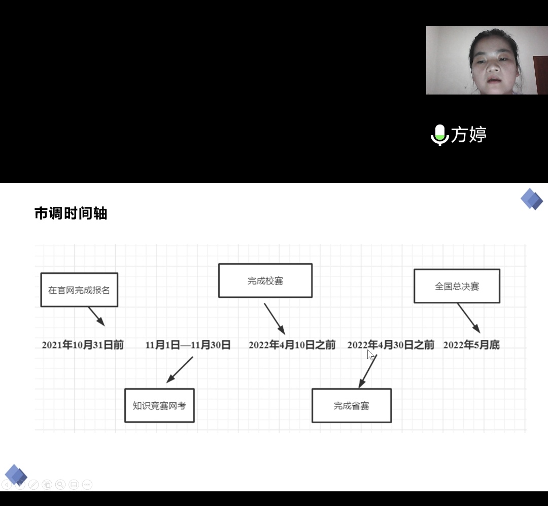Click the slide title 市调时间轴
(x=71, y=213)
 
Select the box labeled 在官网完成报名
(x=79, y=290)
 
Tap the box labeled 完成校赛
(x=265, y=280)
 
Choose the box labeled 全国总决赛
(x=457, y=286)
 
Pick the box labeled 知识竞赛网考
(x=159, y=405)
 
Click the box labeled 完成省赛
(x=351, y=405)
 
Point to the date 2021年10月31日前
(x=83, y=345)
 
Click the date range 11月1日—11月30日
(x=188, y=345)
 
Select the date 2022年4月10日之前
(x=292, y=345)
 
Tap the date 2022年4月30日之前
(x=391, y=345)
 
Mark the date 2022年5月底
(x=471, y=345)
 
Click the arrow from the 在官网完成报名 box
(x=96, y=316)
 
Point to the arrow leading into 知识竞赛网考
(x=180, y=369)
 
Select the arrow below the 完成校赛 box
(x=275, y=319)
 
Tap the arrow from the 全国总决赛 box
(x=468, y=318)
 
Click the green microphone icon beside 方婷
(x=439, y=135)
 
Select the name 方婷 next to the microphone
(x=469, y=135)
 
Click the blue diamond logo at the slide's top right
(x=531, y=199)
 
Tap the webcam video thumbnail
(x=487, y=60)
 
